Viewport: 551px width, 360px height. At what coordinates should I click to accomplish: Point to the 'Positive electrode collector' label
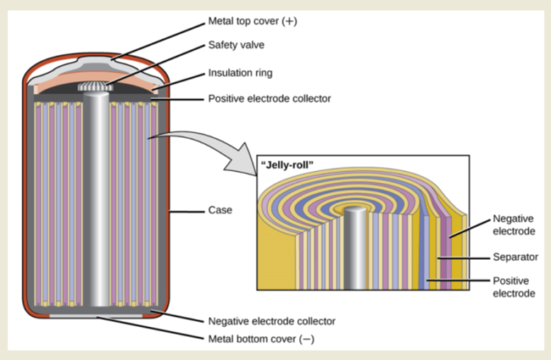[268, 100]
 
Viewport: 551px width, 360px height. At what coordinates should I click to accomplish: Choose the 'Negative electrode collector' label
[272, 321]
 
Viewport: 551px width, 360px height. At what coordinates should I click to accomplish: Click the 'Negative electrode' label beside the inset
[513, 225]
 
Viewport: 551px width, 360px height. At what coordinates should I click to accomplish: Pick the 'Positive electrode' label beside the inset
[513, 286]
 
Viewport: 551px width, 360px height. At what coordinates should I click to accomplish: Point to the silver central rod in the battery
[97, 204]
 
